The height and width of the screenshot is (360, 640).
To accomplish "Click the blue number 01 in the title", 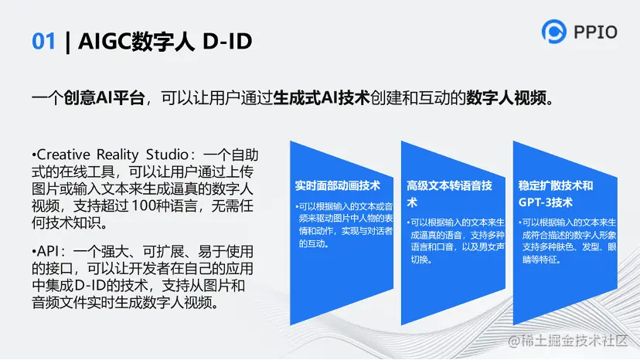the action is pyautogui.click(x=43, y=41).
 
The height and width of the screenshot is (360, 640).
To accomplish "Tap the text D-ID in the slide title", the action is pyautogui.click(x=227, y=41).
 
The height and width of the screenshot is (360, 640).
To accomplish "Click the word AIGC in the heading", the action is pyautogui.click(x=104, y=41).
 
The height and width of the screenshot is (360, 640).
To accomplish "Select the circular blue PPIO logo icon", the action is pyautogui.click(x=554, y=32).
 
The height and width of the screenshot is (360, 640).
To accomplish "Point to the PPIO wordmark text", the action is pyautogui.click(x=595, y=32).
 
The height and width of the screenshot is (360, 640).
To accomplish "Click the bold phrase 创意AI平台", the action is pyautogui.click(x=104, y=98).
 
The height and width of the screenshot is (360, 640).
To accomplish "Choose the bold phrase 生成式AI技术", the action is pyautogui.click(x=322, y=98).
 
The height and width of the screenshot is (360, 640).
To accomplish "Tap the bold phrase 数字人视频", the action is pyautogui.click(x=506, y=98).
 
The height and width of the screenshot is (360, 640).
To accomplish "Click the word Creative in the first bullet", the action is pyautogui.click(x=63, y=155).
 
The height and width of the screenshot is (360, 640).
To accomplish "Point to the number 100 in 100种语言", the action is pyautogui.click(x=144, y=205).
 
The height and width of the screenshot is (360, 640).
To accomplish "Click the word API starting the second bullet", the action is pyautogui.click(x=48, y=251).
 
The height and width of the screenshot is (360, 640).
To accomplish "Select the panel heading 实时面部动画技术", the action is pyautogui.click(x=338, y=185).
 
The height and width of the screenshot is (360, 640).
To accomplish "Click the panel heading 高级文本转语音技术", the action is pyautogui.click(x=449, y=194).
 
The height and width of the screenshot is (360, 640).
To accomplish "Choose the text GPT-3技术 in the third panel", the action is pyautogui.click(x=545, y=202).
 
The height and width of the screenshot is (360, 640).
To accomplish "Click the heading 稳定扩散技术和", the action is pyautogui.click(x=556, y=185).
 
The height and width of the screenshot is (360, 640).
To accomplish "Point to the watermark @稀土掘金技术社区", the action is pyautogui.click(x=568, y=341).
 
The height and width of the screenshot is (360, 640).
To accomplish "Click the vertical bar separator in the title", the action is pyautogui.click(x=68, y=42).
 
